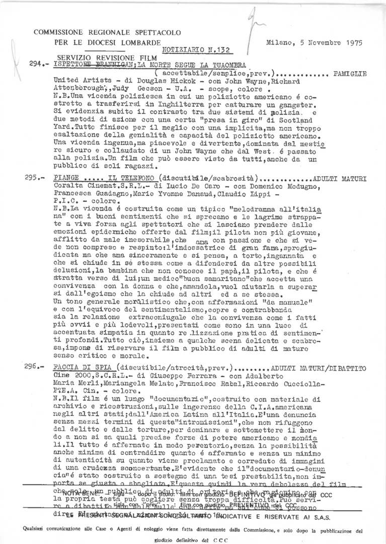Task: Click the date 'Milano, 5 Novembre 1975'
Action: [x=314, y=43]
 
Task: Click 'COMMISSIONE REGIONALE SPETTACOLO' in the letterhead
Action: [x=106, y=32]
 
